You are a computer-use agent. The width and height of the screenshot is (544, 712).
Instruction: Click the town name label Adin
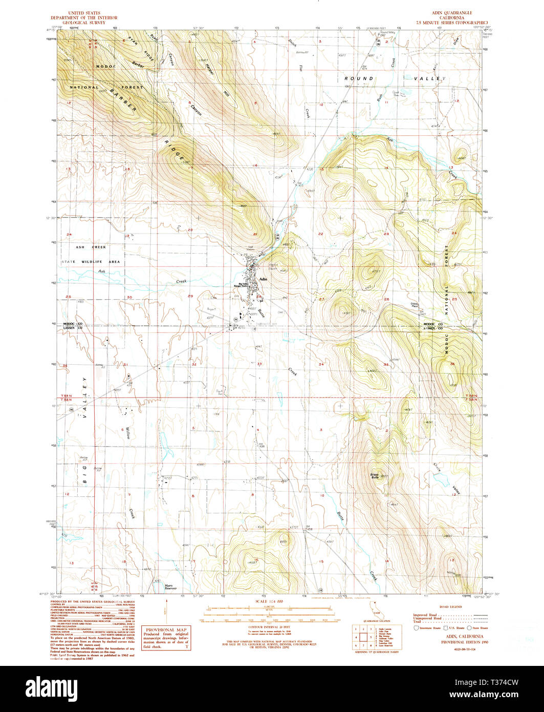(x=264, y=279)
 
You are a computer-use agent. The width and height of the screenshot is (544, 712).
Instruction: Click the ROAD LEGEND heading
(x=450, y=606)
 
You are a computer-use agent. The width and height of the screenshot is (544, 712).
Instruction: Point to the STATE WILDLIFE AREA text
(x=91, y=262)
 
